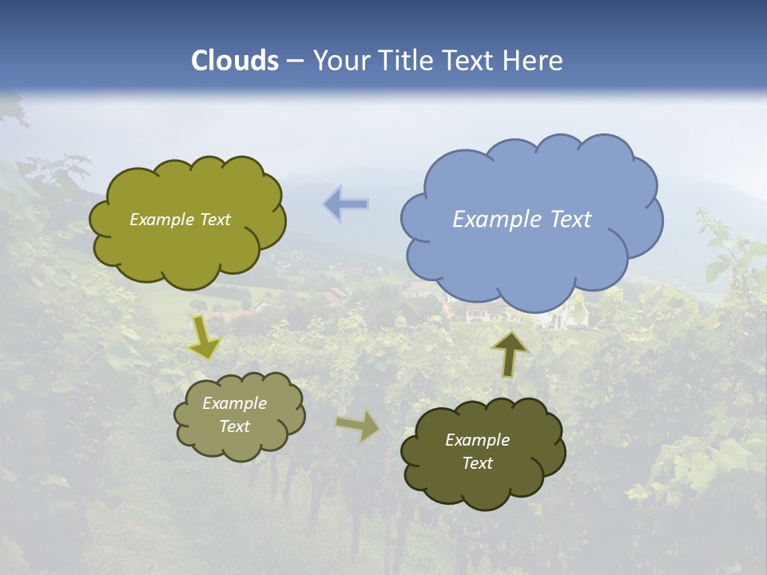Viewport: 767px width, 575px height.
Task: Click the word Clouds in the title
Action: click(235, 61)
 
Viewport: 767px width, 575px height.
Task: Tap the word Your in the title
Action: click(341, 61)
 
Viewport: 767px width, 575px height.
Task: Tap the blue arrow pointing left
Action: click(346, 204)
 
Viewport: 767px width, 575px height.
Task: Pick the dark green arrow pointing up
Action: click(510, 354)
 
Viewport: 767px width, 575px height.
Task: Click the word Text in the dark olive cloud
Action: click(477, 464)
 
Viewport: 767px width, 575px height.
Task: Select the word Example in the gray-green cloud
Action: click(234, 403)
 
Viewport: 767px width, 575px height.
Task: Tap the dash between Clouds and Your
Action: click(295, 61)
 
